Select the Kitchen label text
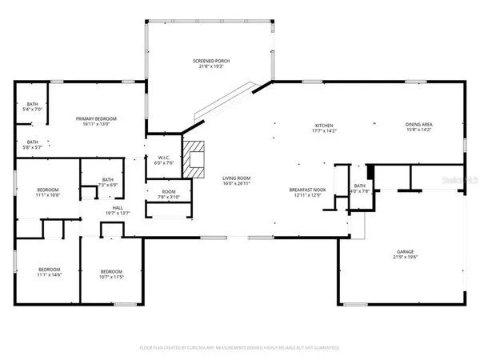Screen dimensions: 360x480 click(x=323, y=126)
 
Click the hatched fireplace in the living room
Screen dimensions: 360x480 click(x=195, y=157)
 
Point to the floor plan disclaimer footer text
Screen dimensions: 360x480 click(x=239, y=347)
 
